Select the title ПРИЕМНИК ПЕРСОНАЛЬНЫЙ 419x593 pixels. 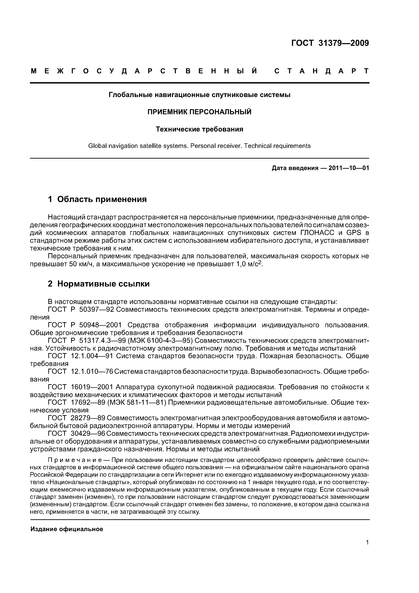(199, 112)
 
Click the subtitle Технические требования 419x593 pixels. (199, 129)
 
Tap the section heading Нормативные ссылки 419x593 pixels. (103, 284)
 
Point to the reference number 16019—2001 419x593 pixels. (92, 387)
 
